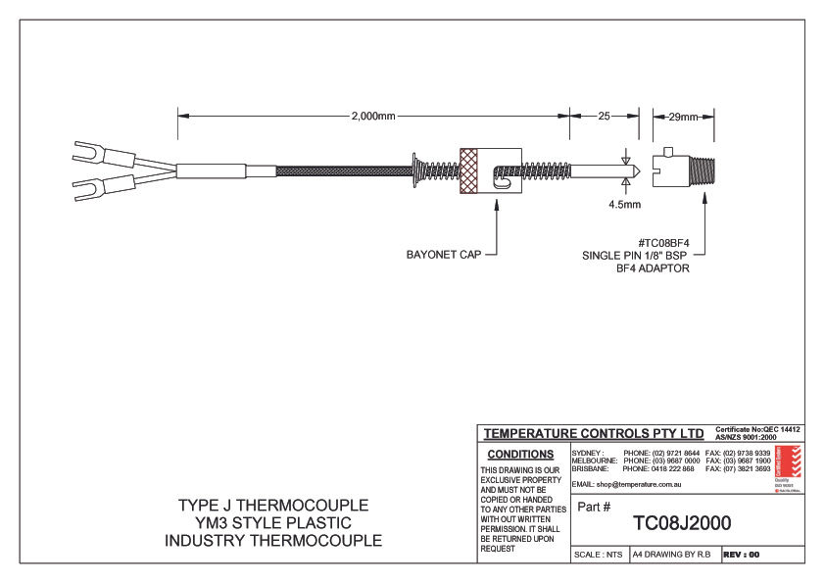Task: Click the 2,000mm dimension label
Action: point(372,116)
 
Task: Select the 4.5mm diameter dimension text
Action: point(624,205)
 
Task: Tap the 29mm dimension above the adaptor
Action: point(683,116)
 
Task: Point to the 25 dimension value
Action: point(604,116)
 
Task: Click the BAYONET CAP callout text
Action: point(445,255)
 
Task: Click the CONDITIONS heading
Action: point(520,455)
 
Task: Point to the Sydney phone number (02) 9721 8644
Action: point(661,454)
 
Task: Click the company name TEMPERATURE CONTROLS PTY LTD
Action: point(594,432)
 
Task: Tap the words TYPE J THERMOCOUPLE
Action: point(273,506)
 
